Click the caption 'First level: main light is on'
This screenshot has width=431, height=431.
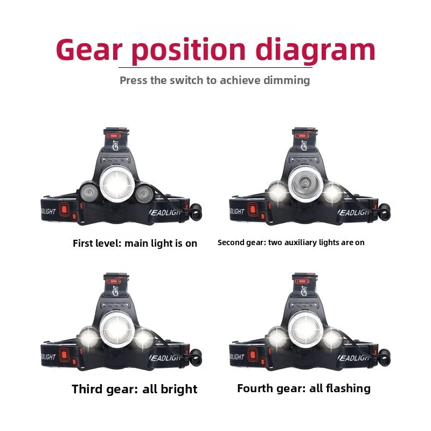pos(135,243)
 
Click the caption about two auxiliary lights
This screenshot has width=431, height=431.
pos(291,242)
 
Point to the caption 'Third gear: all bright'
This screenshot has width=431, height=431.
pos(135,389)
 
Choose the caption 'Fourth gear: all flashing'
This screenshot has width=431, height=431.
pos(304,388)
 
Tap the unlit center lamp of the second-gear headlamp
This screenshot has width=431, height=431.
pos(305,183)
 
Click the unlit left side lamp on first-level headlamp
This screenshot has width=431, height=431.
pos(88,192)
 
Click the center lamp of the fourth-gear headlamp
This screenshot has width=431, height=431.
pos(305,328)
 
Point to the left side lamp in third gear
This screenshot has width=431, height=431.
pos(88,338)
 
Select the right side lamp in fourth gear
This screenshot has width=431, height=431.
pos(332,338)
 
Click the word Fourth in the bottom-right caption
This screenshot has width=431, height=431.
pos(256,388)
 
